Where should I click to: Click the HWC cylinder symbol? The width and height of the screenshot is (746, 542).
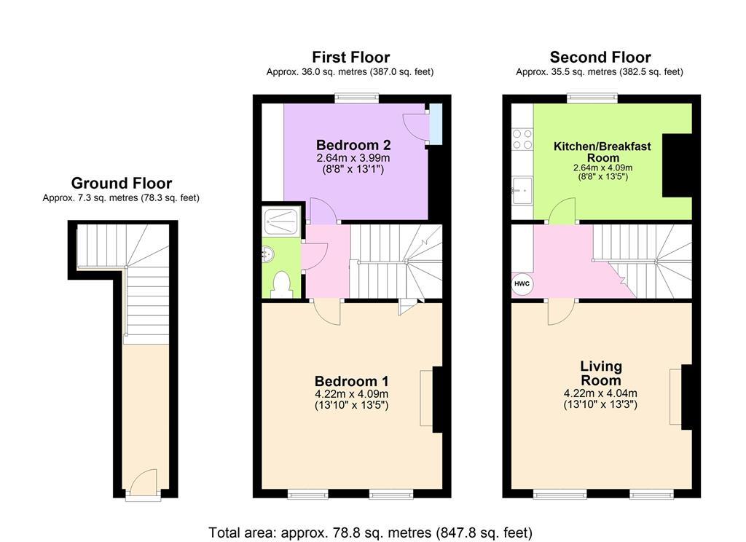(522, 284)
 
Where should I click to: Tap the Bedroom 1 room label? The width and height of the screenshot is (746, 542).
(352, 381)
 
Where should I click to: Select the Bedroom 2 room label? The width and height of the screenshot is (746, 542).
(353, 145)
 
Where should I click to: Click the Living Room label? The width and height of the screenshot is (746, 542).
(600, 373)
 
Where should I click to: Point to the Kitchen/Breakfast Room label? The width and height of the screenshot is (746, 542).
(602, 152)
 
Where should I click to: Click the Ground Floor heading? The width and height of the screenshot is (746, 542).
(122, 183)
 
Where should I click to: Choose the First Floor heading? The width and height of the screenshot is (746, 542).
(350, 57)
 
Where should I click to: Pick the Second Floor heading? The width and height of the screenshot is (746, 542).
(600, 57)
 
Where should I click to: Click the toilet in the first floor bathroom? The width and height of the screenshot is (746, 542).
(282, 284)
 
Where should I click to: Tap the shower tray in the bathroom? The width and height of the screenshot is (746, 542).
(281, 221)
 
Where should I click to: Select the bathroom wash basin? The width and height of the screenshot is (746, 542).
(268, 254)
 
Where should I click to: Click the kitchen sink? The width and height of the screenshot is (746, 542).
(522, 190)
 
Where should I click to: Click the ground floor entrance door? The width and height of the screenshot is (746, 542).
(144, 482)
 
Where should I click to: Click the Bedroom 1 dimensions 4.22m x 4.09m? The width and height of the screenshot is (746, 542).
(352, 394)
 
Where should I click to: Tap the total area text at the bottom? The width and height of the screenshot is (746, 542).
(370, 532)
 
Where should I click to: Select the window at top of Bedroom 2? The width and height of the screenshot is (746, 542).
(357, 98)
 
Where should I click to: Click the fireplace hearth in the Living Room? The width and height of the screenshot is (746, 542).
(675, 396)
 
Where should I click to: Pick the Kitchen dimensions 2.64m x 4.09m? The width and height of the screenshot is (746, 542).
(602, 168)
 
